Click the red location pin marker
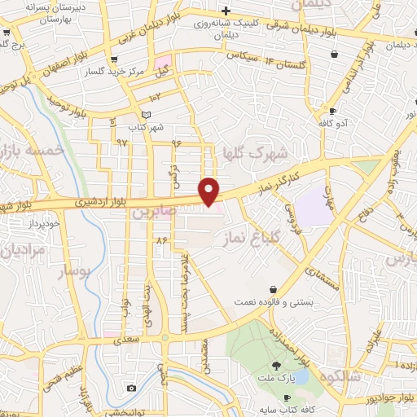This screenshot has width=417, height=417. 210,191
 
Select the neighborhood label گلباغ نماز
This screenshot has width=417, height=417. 248,237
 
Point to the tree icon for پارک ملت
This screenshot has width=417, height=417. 276,367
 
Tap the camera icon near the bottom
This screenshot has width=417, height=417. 132,388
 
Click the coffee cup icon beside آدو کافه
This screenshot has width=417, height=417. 332,111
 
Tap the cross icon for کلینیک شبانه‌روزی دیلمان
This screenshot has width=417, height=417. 227,11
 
